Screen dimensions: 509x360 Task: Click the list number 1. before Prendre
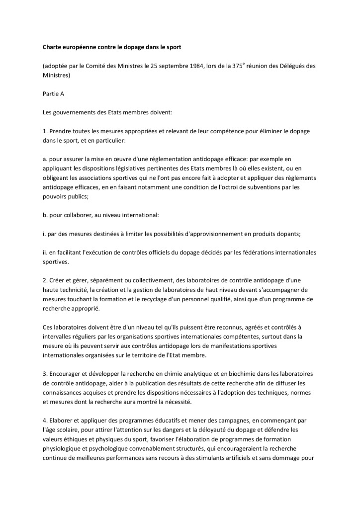tap(45, 131)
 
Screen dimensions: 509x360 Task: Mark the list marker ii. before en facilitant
tap(45, 252)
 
